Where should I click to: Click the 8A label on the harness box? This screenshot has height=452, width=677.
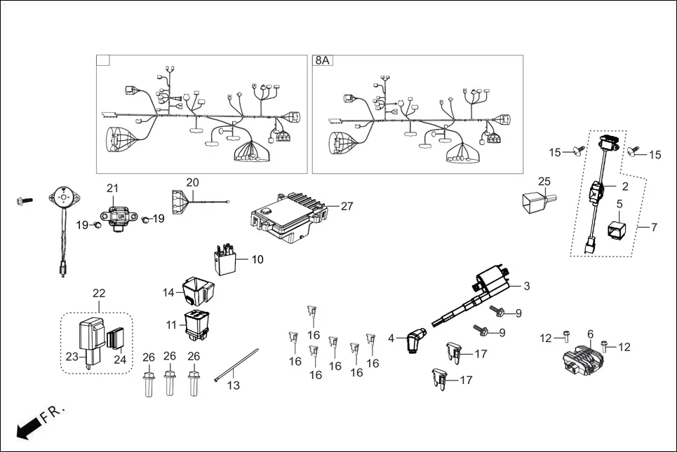(x=322, y=61)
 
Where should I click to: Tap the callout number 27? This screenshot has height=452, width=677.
(x=347, y=206)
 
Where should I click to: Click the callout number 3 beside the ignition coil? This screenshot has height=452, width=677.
(x=527, y=287)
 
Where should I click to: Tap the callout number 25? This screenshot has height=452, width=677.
(x=544, y=182)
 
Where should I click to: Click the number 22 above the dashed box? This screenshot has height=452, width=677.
(x=99, y=292)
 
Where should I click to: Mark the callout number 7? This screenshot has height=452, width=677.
(x=654, y=228)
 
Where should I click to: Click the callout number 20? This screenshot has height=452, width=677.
(x=192, y=182)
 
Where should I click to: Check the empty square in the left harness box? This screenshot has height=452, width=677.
(x=103, y=61)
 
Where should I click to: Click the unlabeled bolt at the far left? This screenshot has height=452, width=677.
(x=25, y=201)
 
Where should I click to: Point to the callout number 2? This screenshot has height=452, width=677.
(x=624, y=186)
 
